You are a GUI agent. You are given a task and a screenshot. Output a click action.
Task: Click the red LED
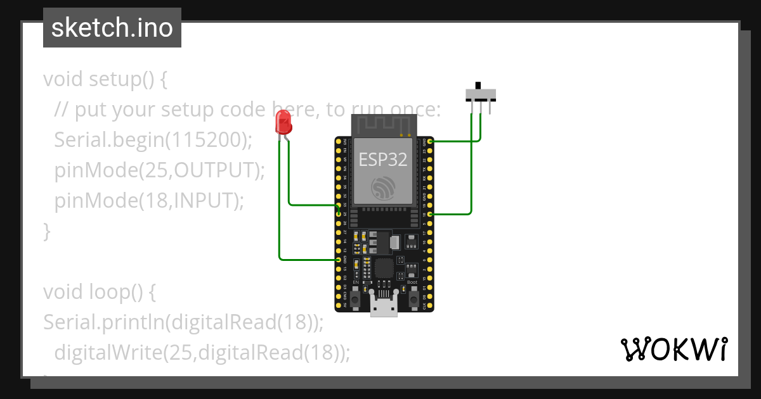[x=283, y=122]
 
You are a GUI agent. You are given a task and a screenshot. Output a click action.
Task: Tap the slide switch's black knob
[x=478, y=85]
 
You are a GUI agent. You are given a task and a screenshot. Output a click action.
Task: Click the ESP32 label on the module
[x=383, y=159]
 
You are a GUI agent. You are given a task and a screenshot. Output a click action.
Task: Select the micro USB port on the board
[x=384, y=307]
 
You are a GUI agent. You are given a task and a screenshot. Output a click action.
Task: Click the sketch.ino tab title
[x=112, y=28]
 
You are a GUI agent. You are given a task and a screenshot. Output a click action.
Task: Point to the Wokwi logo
[x=673, y=349]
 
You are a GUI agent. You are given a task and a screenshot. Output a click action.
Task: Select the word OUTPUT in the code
[x=214, y=170]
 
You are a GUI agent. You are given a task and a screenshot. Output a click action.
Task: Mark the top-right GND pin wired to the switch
[x=431, y=142]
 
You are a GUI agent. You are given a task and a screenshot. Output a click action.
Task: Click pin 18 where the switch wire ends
[x=431, y=215]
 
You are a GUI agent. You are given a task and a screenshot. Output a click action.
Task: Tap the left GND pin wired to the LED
[x=338, y=260]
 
